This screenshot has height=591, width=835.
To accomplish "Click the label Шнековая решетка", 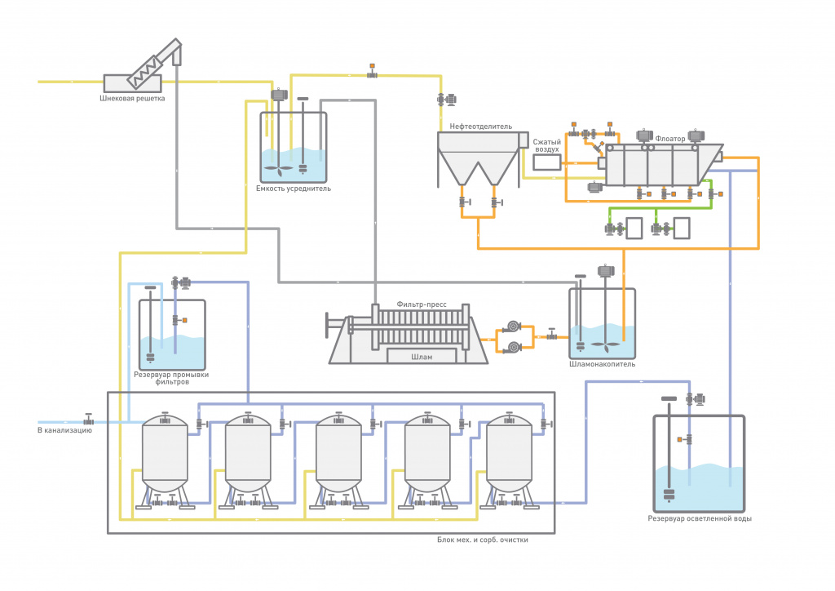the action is (x=132, y=98).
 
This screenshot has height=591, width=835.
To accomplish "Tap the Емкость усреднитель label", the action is (x=294, y=188).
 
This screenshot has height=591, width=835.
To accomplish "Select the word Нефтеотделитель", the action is (x=481, y=127).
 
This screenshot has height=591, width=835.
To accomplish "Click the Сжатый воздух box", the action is (x=547, y=162).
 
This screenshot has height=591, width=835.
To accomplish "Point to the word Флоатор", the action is (x=670, y=139).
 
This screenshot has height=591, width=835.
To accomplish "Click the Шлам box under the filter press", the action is (x=422, y=357).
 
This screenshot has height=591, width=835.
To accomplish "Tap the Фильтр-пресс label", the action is (x=422, y=304).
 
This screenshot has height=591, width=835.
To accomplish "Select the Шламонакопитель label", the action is (x=603, y=364).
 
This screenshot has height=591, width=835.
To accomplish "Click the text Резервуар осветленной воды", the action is (x=700, y=518).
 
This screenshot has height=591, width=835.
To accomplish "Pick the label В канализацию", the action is (x=64, y=430).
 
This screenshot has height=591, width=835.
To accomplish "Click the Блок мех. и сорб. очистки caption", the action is (x=483, y=540).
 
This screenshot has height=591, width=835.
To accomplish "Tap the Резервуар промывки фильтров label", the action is (x=171, y=378).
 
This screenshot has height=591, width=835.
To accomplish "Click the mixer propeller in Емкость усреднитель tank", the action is (x=279, y=170).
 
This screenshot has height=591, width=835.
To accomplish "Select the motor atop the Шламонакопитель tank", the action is (x=606, y=271).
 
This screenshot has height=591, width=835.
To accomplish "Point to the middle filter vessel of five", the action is (x=338, y=454).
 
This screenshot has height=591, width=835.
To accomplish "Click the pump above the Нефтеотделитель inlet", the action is (x=446, y=99).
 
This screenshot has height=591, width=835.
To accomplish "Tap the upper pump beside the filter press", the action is (x=513, y=327).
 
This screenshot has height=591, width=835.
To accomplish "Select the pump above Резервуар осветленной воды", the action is (x=696, y=398).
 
